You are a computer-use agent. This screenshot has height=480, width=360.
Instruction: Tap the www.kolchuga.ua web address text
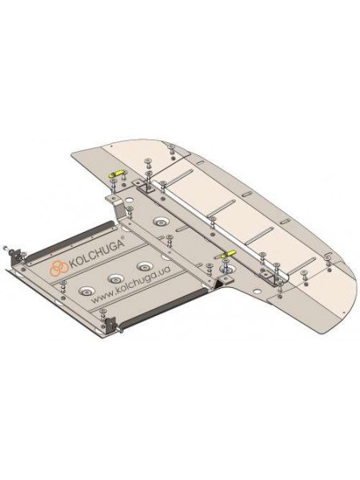[131, 283]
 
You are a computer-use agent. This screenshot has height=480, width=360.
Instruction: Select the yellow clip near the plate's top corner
[117, 174]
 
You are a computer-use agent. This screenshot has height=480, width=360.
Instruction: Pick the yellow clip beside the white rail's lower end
[230, 254]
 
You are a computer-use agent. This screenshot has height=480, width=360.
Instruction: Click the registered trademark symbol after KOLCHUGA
[122, 238]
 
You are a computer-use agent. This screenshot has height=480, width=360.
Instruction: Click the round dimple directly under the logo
[86, 290]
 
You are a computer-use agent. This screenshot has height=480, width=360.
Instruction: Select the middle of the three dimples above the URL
[115, 278]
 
